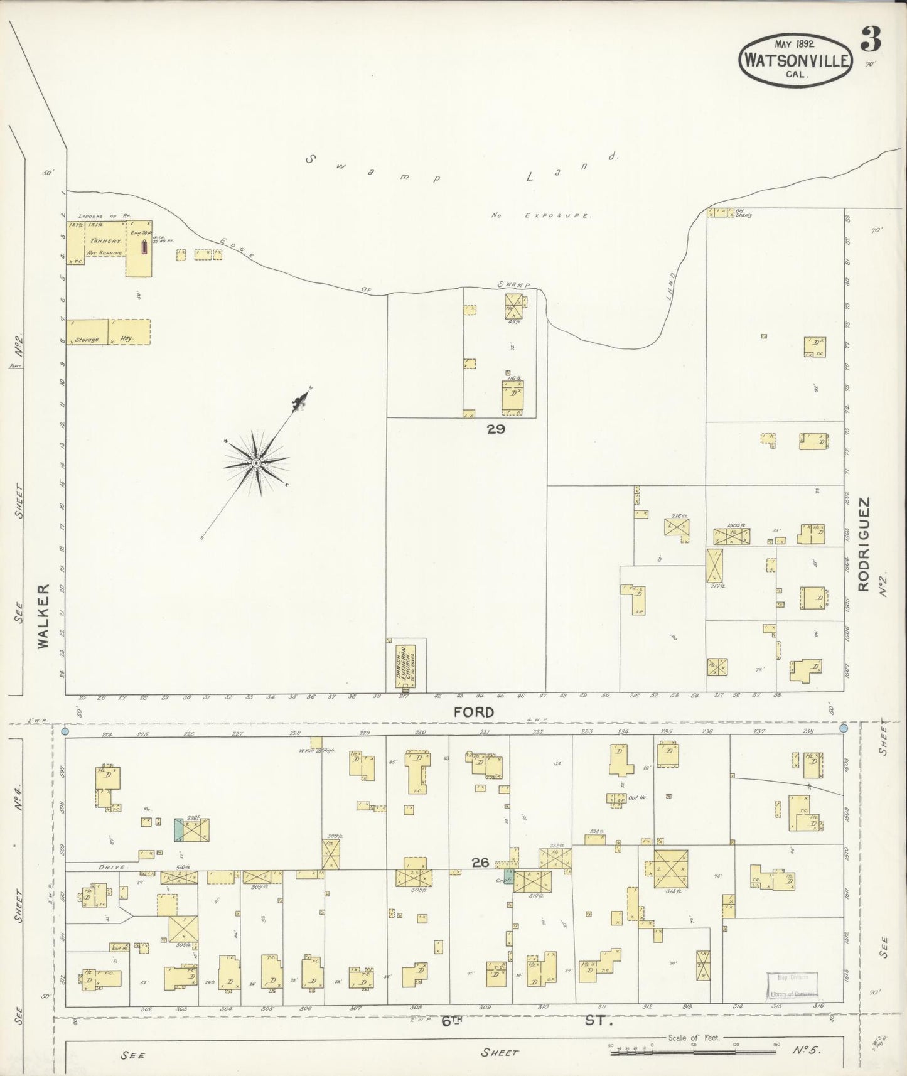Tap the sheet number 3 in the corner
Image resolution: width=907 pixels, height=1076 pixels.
[871, 40]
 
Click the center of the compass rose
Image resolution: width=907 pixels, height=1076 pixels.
[256, 463]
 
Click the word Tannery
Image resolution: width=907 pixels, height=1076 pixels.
[105, 240]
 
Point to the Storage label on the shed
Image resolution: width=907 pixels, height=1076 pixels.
[87, 340]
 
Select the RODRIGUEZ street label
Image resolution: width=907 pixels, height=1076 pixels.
[864, 544]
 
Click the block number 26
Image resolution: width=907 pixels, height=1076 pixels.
[481, 863]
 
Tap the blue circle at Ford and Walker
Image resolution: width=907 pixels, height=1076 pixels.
[65, 731]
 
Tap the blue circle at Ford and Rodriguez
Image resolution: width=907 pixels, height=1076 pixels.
[843, 728]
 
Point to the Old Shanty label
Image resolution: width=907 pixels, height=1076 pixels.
[744, 215]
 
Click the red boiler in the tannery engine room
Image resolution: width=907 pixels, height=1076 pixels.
[145, 247]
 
